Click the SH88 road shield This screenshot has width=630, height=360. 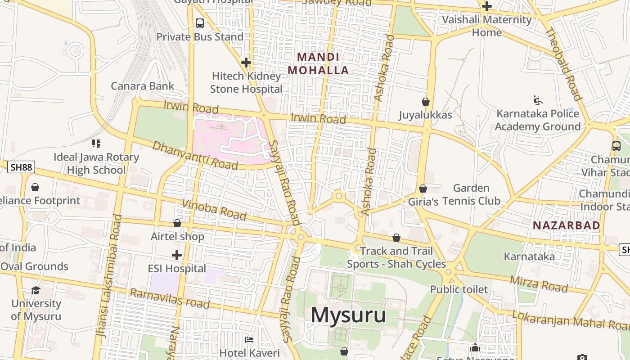(21, 167)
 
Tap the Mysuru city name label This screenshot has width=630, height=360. (348, 315)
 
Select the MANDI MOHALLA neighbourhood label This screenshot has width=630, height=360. (318, 64)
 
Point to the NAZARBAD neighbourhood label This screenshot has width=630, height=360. (567, 225)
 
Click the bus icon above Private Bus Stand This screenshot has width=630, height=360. (200, 23)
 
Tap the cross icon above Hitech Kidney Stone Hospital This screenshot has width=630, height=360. (246, 63)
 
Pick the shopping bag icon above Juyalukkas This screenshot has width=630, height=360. (425, 102)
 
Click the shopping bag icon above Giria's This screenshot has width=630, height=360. (423, 189)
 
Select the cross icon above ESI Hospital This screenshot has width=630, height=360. (177, 255)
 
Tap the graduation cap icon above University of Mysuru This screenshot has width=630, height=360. (36, 290)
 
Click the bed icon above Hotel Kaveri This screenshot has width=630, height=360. (249, 339)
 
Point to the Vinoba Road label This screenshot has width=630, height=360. (214, 210)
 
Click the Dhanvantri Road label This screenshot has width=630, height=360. (195, 156)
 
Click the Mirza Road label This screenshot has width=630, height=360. (538, 284)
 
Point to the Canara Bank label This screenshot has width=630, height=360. (142, 86)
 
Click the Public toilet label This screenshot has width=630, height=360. (459, 289)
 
